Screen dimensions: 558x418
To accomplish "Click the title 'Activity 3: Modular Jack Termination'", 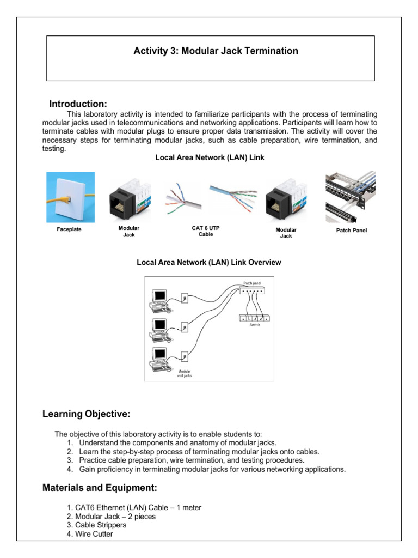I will (x=216, y=51).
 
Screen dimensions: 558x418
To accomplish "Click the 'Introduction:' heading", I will (x=78, y=104).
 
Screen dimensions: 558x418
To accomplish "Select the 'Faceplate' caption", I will (x=69, y=229).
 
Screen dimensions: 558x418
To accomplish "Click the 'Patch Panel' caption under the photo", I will (x=352, y=231).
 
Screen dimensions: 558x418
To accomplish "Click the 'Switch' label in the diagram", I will (x=255, y=325).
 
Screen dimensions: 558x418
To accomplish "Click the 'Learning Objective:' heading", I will (x=86, y=415).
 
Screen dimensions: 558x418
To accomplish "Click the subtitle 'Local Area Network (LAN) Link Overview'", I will (x=208, y=263).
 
